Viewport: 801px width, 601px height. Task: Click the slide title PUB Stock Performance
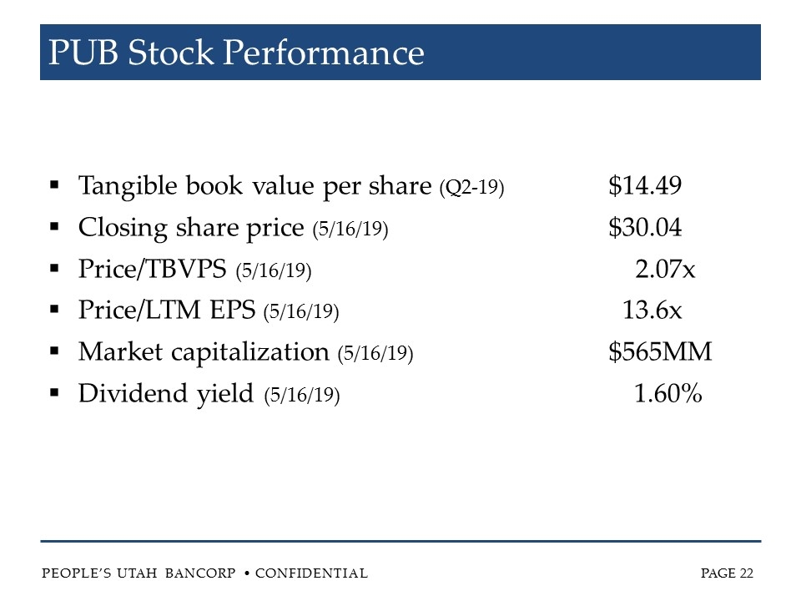click(x=237, y=53)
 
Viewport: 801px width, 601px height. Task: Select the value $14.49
click(x=646, y=186)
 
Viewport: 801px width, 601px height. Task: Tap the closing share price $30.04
click(x=646, y=228)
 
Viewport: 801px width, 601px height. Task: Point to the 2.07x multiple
click(x=665, y=270)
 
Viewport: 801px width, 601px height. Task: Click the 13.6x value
click(x=652, y=311)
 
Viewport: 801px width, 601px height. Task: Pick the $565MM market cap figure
click(x=660, y=352)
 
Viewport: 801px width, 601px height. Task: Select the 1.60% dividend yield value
click(x=667, y=394)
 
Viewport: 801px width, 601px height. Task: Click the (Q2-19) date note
click(x=471, y=188)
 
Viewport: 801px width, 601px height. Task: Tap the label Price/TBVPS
click(x=153, y=270)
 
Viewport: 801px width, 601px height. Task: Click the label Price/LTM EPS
click(x=167, y=311)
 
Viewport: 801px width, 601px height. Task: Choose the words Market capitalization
click(x=204, y=352)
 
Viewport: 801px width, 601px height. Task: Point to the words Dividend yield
click(x=166, y=394)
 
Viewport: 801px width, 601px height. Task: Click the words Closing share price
click(x=191, y=228)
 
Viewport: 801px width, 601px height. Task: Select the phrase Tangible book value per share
click(x=254, y=186)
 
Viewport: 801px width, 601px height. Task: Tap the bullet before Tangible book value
click(x=54, y=185)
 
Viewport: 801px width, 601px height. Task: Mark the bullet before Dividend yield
click(x=54, y=393)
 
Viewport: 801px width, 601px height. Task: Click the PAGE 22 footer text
click(x=728, y=573)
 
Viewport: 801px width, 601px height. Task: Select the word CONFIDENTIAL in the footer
click(x=311, y=573)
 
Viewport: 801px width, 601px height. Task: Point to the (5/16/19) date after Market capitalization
click(x=375, y=354)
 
